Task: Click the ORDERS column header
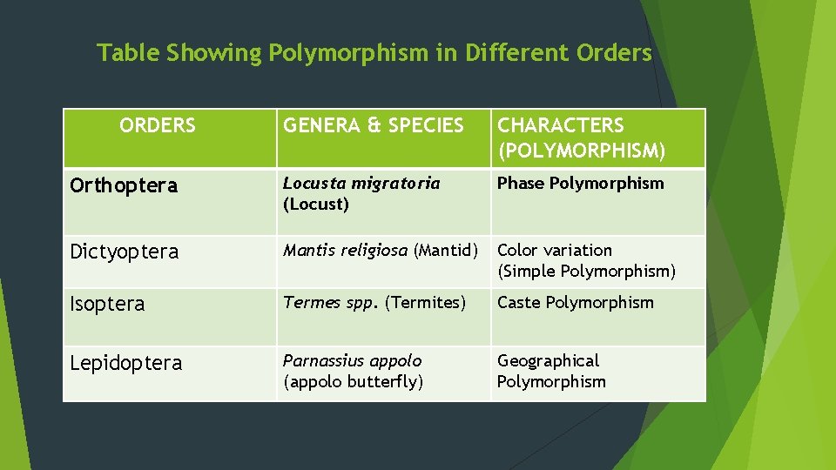click(x=158, y=126)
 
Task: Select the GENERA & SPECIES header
click(x=374, y=126)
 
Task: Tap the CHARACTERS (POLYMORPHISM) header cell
click(x=581, y=138)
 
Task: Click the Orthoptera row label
click(x=124, y=185)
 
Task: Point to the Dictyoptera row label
click(x=125, y=252)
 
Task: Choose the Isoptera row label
click(x=107, y=304)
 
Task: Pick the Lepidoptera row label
click(x=126, y=363)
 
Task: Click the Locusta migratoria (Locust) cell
click(x=361, y=194)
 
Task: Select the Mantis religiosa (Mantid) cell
click(x=381, y=251)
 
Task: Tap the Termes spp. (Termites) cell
click(x=374, y=303)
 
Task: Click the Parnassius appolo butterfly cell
click(x=354, y=371)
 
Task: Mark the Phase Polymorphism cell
click(x=580, y=184)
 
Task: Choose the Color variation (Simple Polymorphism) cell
click(x=586, y=260)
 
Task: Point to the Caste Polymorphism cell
click(x=575, y=303)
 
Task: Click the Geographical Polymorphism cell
click(x=551, y=371)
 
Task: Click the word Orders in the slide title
click(x=614, y=53)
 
